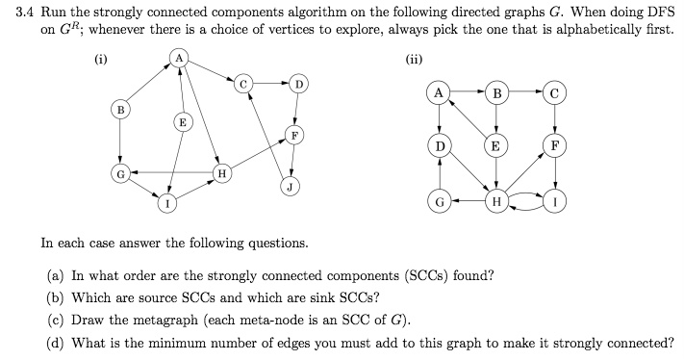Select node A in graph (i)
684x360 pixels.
pyautogui.click(x=179, y=60)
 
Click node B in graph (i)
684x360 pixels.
pyautogui.click(x=120, y=110)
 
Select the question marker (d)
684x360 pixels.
pyautogui.click(x=57, y=343)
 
